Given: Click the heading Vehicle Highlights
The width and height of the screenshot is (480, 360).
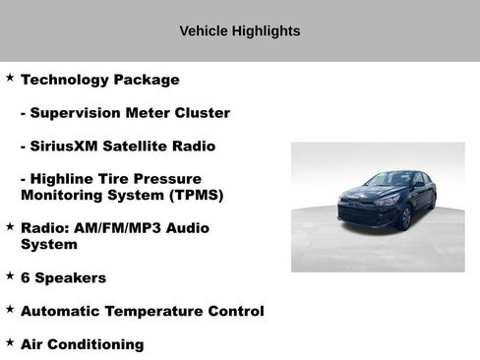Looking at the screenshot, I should pyautogui.click(x=239, y=31).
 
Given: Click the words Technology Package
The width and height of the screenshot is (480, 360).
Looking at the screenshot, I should pyautogui.click(x=99, y=80).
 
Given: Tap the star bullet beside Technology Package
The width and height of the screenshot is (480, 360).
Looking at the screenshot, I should pyautogui.click(x=10, y=77).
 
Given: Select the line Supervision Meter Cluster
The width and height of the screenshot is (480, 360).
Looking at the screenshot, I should pyautogui.click(x=125, y=113).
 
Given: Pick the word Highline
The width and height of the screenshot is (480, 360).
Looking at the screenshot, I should pyautogui.click(x=66, y=179).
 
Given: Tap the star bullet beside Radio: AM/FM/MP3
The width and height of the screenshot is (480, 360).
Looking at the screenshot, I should pyautogui.click(x=10, y=224).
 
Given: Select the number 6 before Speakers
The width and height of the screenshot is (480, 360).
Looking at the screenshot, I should pyautogui.click(x=26, y=278).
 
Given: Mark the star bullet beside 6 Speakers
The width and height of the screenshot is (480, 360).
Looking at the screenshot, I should pyautogui.click(x=10, y=275).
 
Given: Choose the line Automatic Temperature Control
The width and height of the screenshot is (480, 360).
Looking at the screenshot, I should pyautogui.click(x=142, y=312).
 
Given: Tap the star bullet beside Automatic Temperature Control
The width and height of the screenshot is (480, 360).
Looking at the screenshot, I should pyautogui.click(x=10, y=309).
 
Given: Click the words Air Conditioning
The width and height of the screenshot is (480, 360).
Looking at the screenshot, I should pyautogui.click(x=82, y=345).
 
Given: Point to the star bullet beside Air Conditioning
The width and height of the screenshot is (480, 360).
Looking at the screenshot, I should pyautogui.click(x=10, y=342).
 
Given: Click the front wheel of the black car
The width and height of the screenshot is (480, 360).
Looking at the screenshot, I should pyautogui.click(x=404, y=216).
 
